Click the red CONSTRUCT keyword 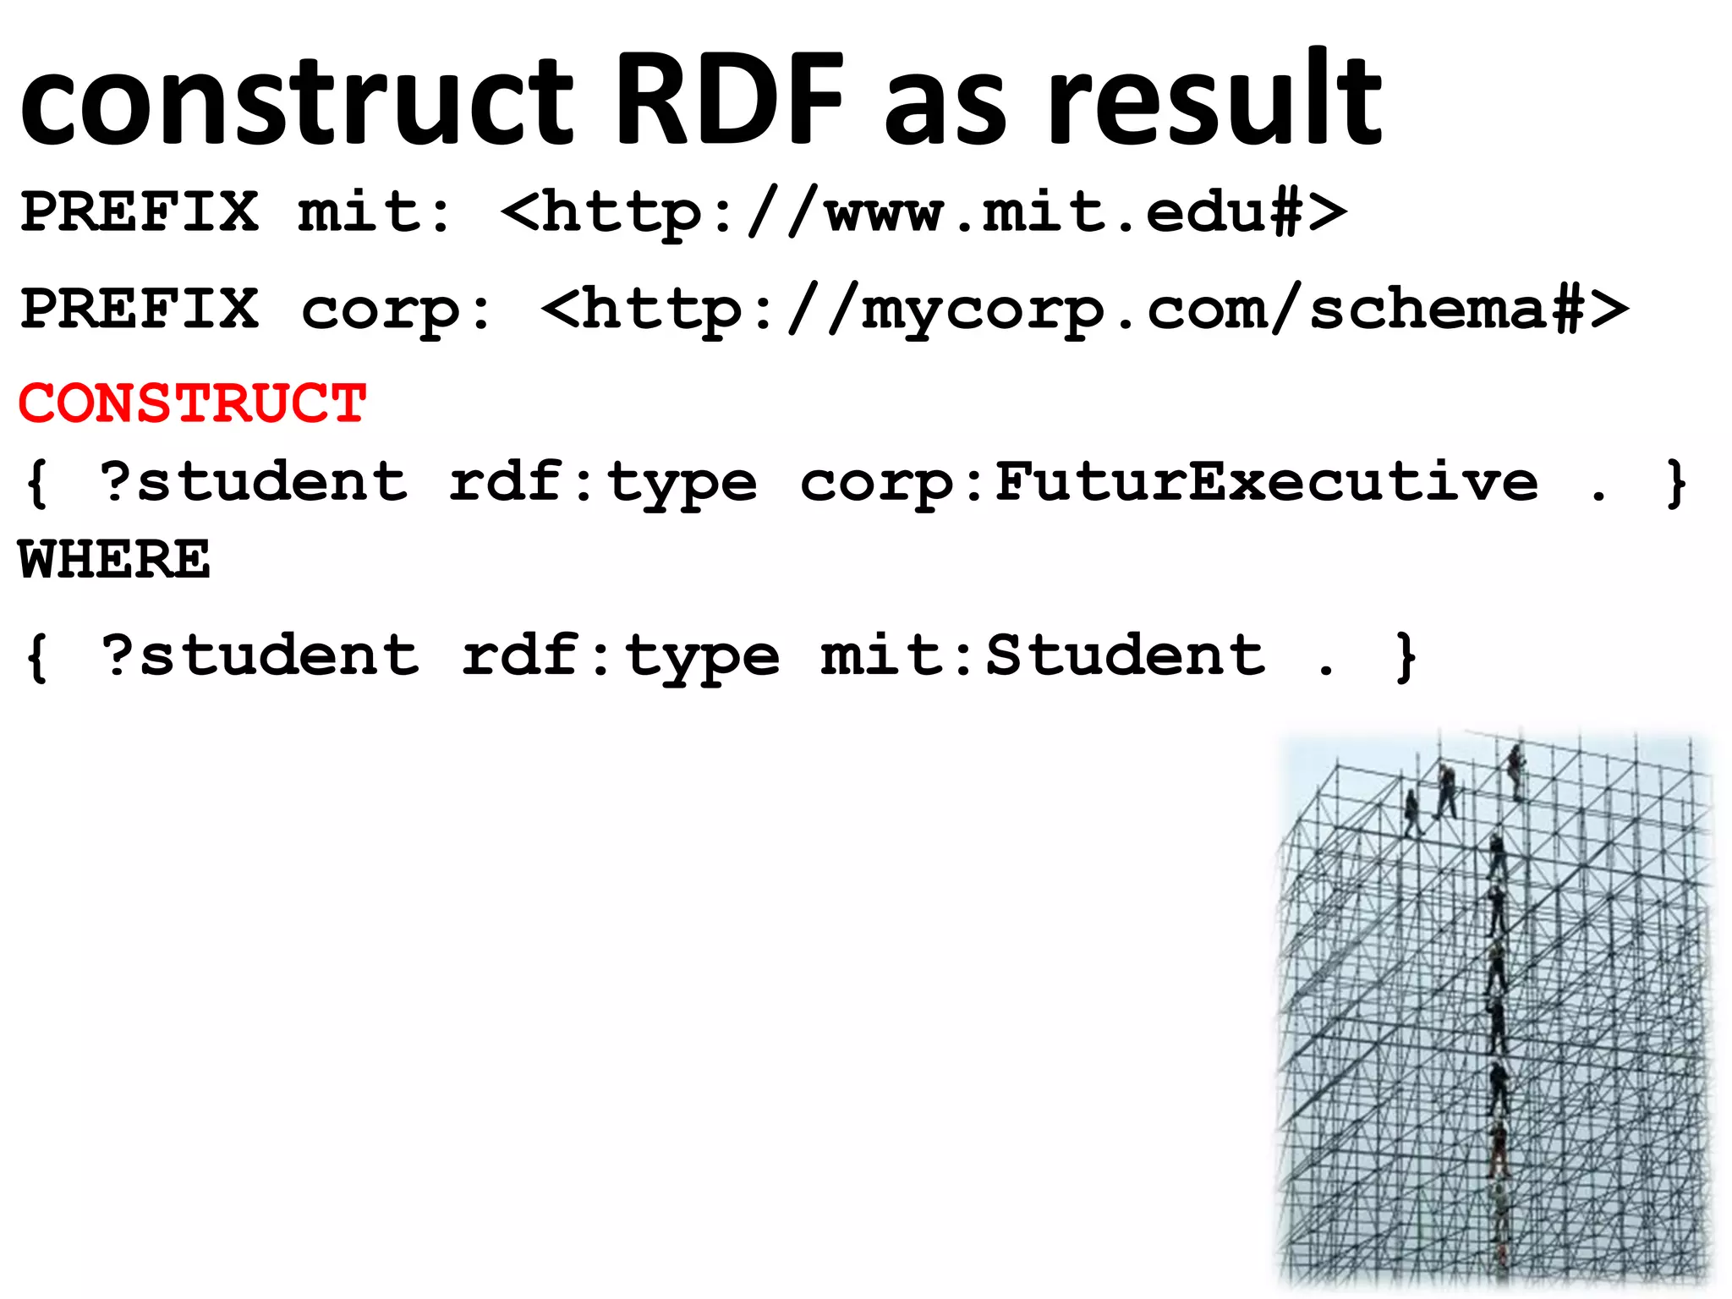click(x=193, y=403)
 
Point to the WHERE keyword click(x=114, y=560)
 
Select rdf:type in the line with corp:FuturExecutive click(x=602, y=484)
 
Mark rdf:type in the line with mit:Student click(x=620, y=657)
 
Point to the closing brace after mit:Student click(x=1406, y=657)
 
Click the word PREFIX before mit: click(x=140, y=211)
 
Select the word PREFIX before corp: click(x=140, y=310)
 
